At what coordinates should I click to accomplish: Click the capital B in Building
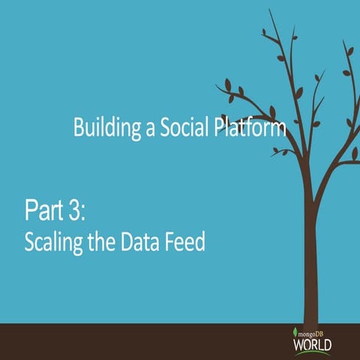pos(79,127)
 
